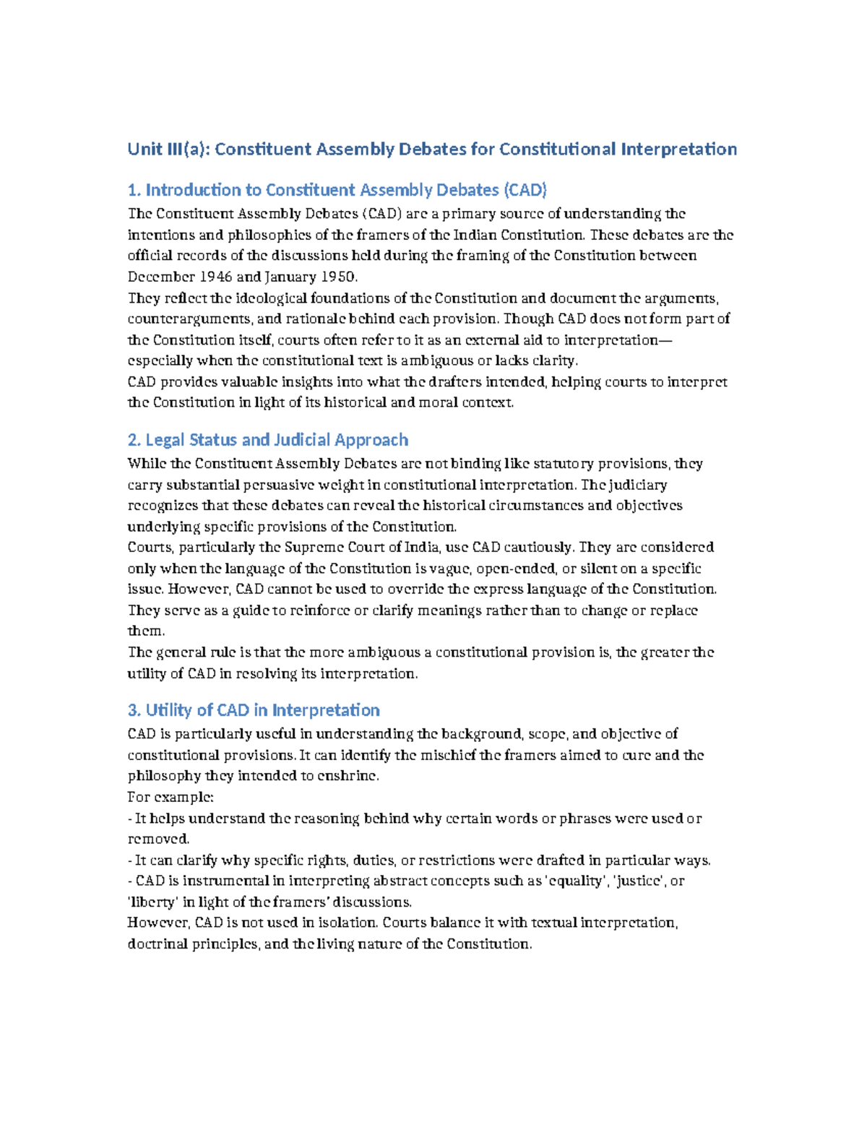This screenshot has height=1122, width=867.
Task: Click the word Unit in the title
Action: (x=144, y=150)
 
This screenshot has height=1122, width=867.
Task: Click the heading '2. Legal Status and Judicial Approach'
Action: (x=267, y=440)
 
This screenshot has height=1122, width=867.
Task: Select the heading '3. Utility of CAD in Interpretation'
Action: (x=254, y=710)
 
